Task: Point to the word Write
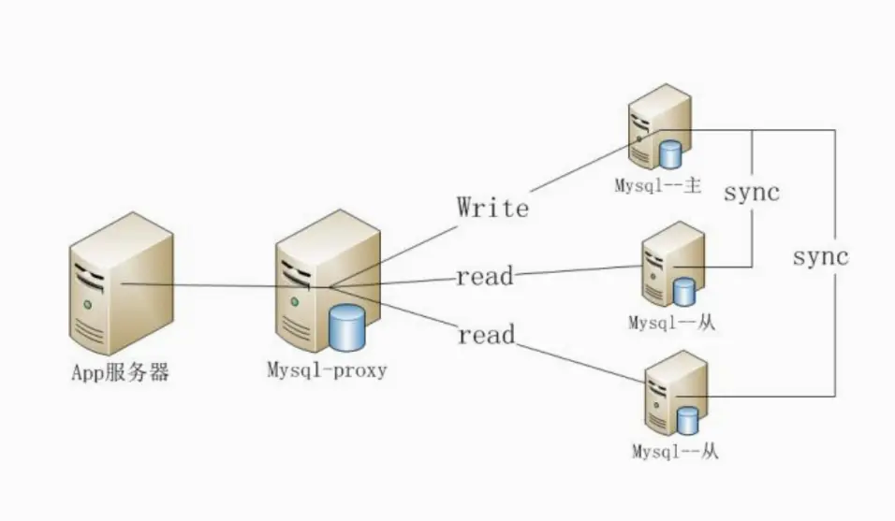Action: pos(492,207)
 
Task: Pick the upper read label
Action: pos(485,276)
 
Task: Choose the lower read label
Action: pos(486,334)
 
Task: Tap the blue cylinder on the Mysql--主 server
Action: pos(670,153)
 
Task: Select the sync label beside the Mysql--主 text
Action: pos(752,194)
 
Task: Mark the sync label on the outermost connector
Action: pos(820,256)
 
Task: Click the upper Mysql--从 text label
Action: pos(671,324)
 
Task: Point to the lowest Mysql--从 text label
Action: pos(675,452)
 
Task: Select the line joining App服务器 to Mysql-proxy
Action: pos(225,285)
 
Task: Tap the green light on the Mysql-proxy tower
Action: pos(295,300)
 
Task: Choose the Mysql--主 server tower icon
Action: pos(658,126)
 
